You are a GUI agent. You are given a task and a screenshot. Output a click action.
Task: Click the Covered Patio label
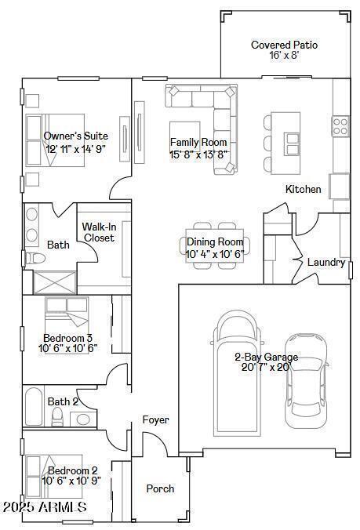coord(284,45)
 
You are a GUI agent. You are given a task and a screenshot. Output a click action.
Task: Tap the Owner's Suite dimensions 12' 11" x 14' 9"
coord(76,148)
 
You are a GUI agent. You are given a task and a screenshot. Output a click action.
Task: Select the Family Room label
coord(198,142)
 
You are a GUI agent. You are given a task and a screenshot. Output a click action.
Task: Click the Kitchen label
coord(303,189)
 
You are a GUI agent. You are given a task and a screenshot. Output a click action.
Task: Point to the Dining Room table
coord(214,248)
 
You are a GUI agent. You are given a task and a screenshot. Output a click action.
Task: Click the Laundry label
coord(325,262)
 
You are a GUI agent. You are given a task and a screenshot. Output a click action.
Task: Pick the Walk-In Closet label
coord(99,232)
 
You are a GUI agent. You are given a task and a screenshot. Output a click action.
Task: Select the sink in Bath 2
coord(83,419)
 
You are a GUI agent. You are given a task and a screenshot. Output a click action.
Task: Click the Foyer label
coord(155,420)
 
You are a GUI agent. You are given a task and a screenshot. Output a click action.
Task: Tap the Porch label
coord(161,488)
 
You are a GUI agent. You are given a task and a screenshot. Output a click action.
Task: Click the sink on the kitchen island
coord(292,143)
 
